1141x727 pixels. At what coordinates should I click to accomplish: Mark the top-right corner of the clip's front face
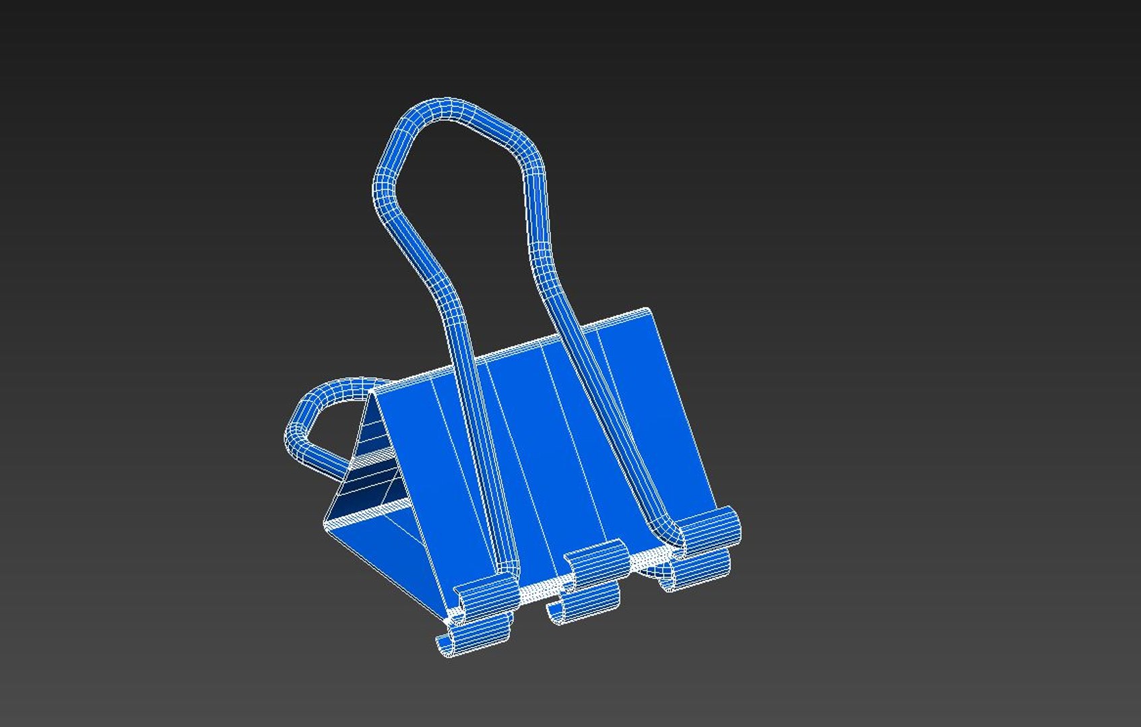pyautogui.click(x=648, y=311)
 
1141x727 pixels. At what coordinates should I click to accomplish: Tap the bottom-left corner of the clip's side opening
pyautogui.click(x=326, y=522)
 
